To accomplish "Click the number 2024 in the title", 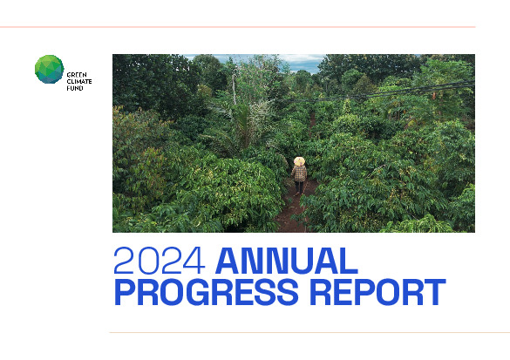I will click(160, 262).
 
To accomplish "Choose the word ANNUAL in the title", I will click(286, 262).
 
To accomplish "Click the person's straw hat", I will click(299, 161).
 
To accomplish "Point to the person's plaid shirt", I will click(299, 172).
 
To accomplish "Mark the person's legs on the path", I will click(299, 186).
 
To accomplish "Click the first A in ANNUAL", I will click(228, 262).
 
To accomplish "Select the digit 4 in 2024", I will click(194, 262).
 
